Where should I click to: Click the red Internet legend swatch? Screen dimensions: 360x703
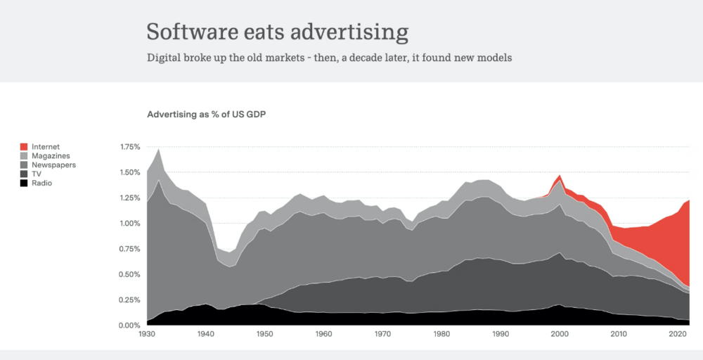pos(24,147)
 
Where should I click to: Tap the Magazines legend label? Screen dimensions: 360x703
pos(51,155)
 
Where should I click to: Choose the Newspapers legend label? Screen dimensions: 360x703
pos(53,165)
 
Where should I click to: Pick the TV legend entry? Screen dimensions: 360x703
pos(37,174)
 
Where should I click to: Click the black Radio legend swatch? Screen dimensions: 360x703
pos(24,183)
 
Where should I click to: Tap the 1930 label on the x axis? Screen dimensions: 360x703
pos(147,334)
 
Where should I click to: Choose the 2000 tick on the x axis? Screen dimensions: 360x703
pos(560,334)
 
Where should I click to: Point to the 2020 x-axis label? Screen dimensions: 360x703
pos(678,334)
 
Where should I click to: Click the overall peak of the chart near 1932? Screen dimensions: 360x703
pos(159,148)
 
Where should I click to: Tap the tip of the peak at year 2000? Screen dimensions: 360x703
pos(560,175)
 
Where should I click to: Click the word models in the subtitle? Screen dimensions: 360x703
pos(493,58)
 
